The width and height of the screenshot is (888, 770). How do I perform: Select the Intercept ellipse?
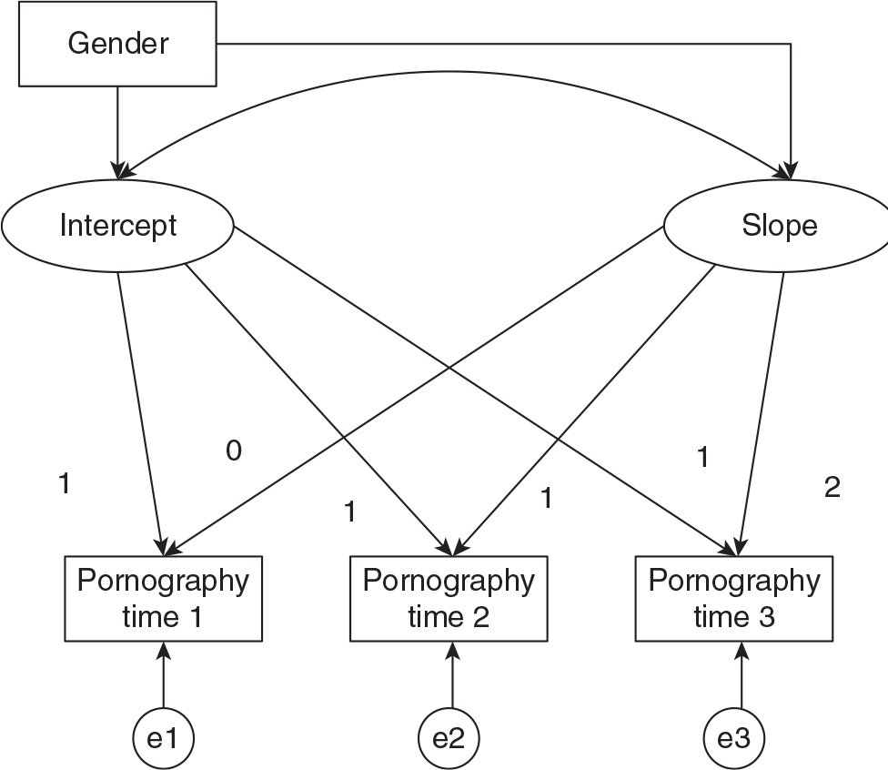click(118, 226)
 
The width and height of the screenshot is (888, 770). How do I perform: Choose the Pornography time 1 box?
click(163, 598)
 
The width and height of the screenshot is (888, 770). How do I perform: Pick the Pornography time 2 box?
click(449, 598)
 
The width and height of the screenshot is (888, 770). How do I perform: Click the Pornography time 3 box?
click(734, 598)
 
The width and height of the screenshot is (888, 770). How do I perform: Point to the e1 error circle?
click(163, 739)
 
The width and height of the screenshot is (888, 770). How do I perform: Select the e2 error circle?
click(449, 739)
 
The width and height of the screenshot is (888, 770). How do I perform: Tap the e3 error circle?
click(734, 739)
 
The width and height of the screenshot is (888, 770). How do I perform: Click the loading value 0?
click(234, 451)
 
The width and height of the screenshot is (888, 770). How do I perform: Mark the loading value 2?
click(832, 488)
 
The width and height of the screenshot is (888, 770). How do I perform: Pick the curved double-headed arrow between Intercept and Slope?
click(455, 68)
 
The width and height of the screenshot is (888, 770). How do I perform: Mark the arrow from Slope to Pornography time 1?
click(409, 391)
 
